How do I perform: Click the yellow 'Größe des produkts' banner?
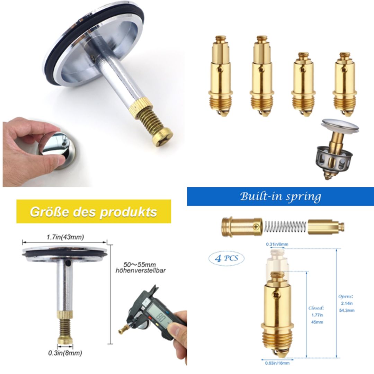[x=93, y=211]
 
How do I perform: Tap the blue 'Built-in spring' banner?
[x=280, y=196]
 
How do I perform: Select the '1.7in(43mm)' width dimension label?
[x=65, y=237]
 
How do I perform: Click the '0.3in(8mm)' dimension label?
[x=65, y=353]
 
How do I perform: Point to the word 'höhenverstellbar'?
[x=140, y=270]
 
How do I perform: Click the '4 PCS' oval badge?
[x=226, y=258]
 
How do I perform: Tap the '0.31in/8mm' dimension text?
[x=277, y=244]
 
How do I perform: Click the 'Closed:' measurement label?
[x=316, y=308]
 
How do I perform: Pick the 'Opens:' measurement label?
[x=346, y=296]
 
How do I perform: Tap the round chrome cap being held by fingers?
[x=57, y=147]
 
